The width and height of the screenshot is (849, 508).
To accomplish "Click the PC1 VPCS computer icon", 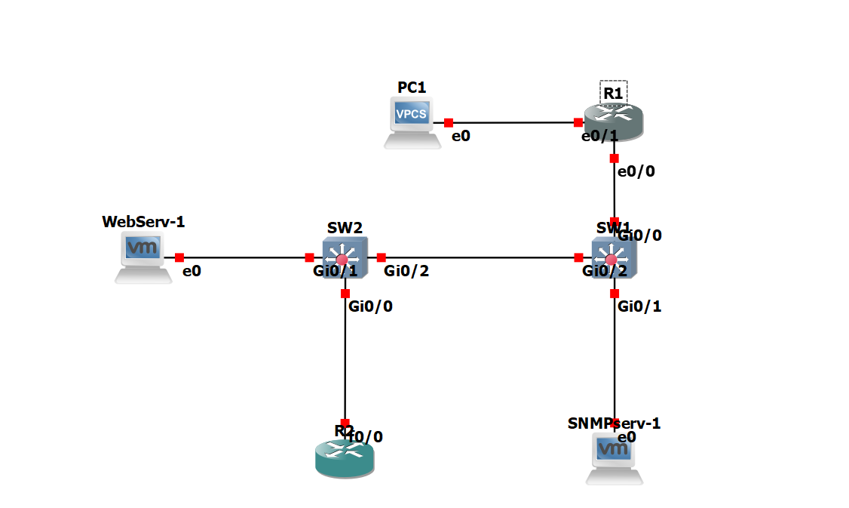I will tap(412, 122).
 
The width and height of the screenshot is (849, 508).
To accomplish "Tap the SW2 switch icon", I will tap(345, 257).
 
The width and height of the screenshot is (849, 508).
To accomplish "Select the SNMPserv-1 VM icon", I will tap(615, 457).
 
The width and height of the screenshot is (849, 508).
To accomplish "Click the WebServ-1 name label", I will tap(143, 221).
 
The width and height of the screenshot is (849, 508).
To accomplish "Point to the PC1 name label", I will tap(412, 87).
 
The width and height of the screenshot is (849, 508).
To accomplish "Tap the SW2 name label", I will tap(345, 227).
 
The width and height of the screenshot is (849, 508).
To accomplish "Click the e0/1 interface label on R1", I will tap(599, 137).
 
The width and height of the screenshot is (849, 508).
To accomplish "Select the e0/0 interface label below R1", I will tap(636, 171).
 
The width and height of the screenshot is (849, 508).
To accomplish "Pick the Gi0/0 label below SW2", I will tap(370, 306).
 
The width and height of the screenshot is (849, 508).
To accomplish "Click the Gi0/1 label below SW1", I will tap(639, 306).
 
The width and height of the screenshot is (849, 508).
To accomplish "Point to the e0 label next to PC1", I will tap(461, 137).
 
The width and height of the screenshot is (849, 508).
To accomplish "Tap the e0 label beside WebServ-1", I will tap(192, 271).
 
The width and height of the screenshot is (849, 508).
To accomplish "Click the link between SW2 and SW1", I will tap(480, 257).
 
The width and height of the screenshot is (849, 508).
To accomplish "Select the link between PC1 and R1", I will tap(513, 122).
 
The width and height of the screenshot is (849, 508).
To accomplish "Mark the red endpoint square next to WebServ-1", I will tap(179, 257).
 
